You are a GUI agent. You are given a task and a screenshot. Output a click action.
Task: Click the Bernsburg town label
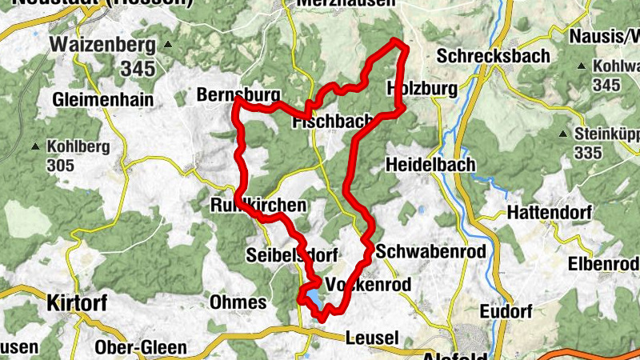[233, 95]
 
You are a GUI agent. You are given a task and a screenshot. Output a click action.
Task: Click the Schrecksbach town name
[494, 56]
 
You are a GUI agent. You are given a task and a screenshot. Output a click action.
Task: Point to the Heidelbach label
[430, 164]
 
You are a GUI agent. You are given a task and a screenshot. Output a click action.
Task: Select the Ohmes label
[237, 302]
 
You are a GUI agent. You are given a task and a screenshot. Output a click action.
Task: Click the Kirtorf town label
[76, 302]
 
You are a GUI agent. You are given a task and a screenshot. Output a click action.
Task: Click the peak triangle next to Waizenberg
[168, 44]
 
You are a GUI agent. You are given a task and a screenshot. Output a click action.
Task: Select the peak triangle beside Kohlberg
[35, 147]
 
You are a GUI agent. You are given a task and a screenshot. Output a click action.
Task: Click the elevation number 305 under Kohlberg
[59, 166]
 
